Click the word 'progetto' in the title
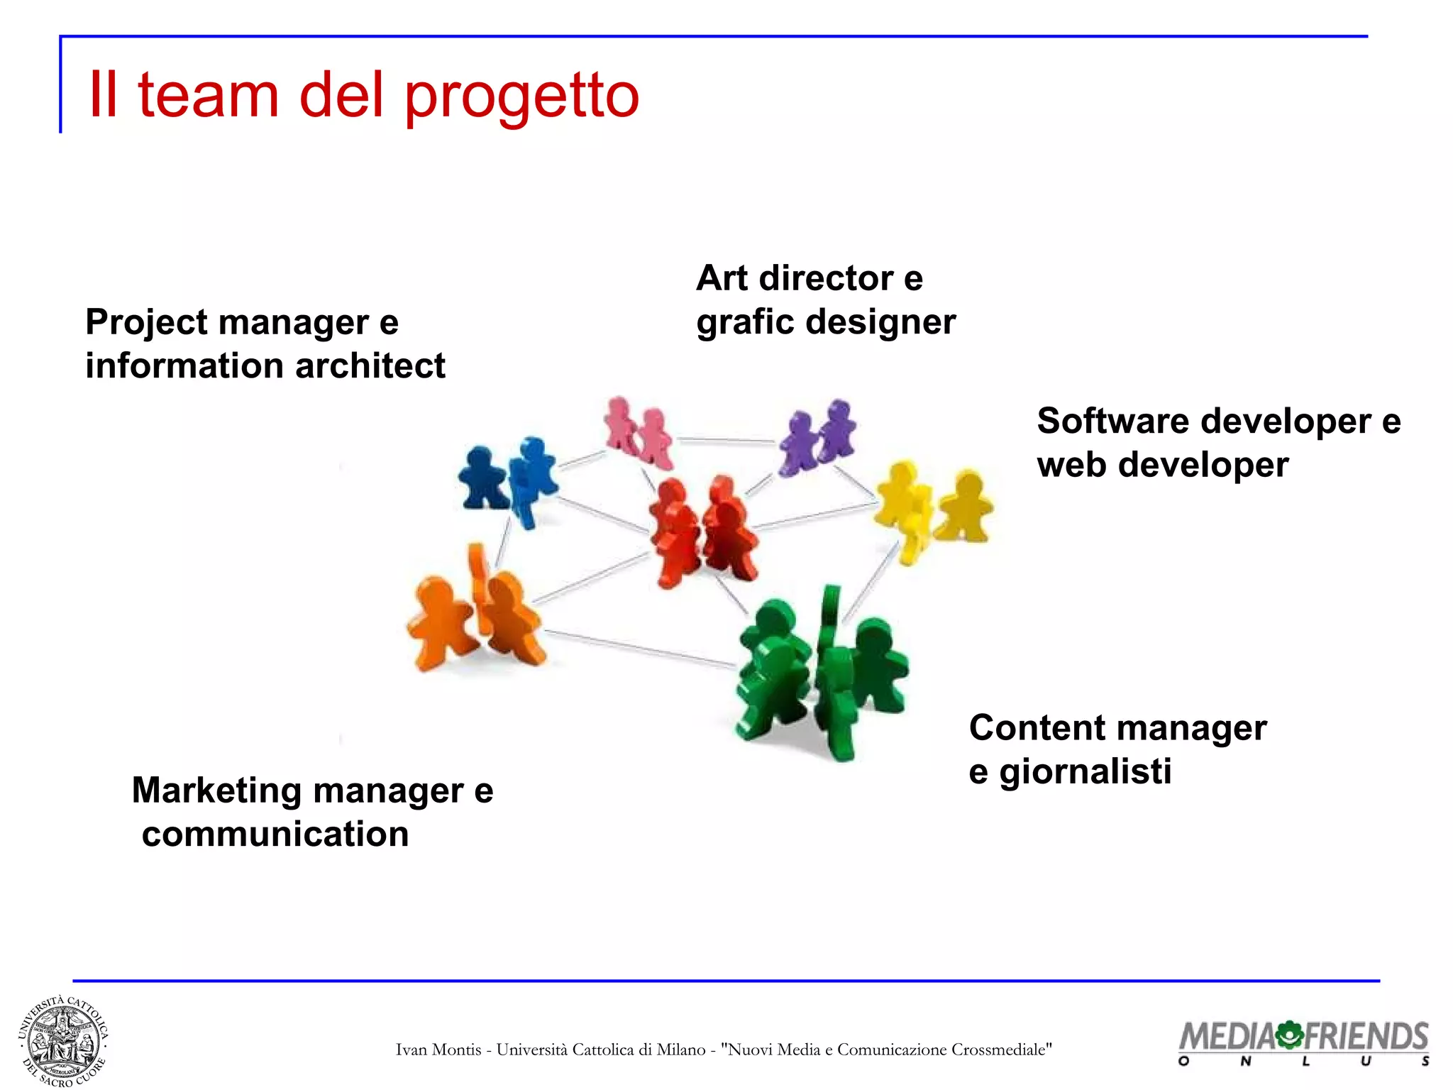point(521,96)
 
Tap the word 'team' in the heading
point(208,96)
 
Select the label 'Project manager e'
point(242,322)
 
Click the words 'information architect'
point(265,366)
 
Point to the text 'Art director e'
point(809,277)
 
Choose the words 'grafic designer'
point(825,321)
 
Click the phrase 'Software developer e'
point(1218,421)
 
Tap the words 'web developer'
point(1162,465)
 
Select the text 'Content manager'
point(1117,728)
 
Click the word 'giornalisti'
point(1085,771)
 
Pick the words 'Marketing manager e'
point(312,790)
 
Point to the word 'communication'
point(275,834)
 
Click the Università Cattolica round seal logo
point(62,1041)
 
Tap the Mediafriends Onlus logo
point(1303,1042)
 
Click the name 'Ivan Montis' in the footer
point(438,1050)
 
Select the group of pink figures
point(639,434)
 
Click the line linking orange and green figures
point(639,648)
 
